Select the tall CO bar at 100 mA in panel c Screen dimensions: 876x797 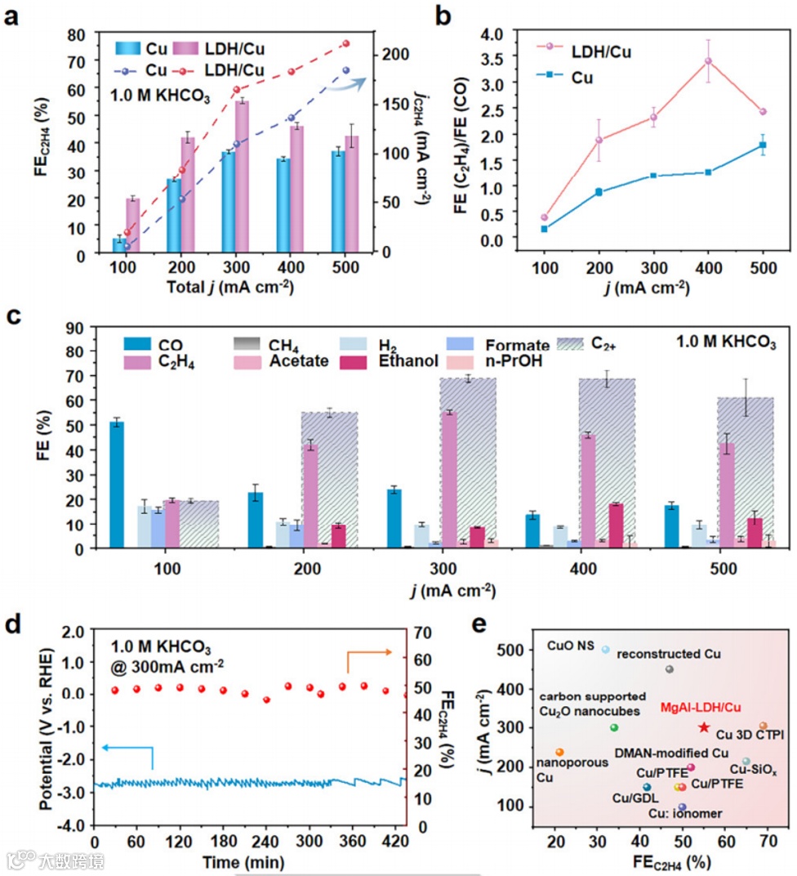point(117,484)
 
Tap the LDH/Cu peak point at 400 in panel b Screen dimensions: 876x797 point(708,60)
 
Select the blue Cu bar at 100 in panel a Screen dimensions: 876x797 point(119,246)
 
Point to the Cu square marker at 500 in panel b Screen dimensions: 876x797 point(763,145)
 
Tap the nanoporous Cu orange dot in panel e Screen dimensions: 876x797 point(559,752)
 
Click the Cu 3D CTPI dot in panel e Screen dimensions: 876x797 point(763,726)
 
